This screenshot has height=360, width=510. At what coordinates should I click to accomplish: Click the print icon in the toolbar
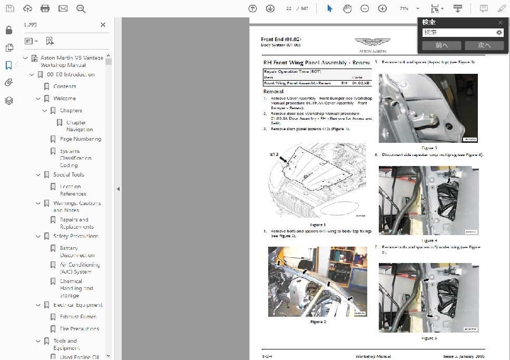click(x=45, y=8)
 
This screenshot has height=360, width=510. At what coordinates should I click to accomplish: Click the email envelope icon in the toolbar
click(x=63, y=8)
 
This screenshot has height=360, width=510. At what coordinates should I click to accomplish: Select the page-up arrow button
click(x=252, y=8)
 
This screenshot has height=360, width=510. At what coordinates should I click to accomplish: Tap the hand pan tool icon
click(x=347, y=8)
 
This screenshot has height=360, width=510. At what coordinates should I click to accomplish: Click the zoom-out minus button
click(x=365, y=8)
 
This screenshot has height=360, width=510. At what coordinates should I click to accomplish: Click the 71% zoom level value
click(x=404, y=8)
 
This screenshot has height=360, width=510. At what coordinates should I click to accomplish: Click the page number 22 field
click(x=288, y=8)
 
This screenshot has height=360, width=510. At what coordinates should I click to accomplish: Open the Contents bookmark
click(x=65, y=86)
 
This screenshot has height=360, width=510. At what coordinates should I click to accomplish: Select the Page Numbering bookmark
click(x=80, y=139)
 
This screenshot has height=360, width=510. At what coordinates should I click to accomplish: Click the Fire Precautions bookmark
click(x=79, y=329)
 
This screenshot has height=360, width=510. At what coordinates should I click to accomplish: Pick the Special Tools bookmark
click(x=68, y=174)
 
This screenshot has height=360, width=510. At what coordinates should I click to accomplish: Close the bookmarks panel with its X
click(x=103, y=25)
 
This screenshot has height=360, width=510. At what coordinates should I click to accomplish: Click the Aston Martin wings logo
click(x=372, y=44)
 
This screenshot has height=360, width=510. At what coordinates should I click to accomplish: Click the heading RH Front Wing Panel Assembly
click(x=316, y=62)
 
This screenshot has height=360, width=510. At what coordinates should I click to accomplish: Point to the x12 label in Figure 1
click(x=273, y=154)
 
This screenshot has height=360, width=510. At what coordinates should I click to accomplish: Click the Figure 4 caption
click(x=429, y=240)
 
